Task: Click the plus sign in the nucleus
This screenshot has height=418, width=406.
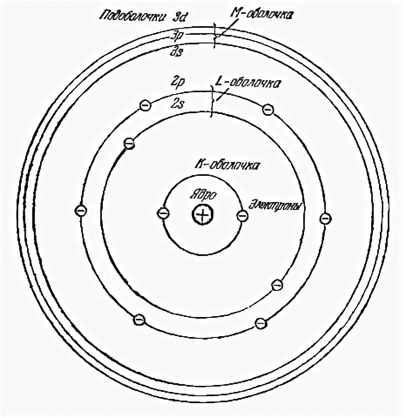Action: pyautogui.click(x=202, y=214)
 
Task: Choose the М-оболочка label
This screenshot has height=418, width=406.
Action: pyautogui.click(x=262, y=16)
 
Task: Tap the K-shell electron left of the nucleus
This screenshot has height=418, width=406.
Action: pyautogui.click(x=163, y=213)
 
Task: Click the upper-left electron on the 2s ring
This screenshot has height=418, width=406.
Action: pyautogui.click(x=129, y=143)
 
